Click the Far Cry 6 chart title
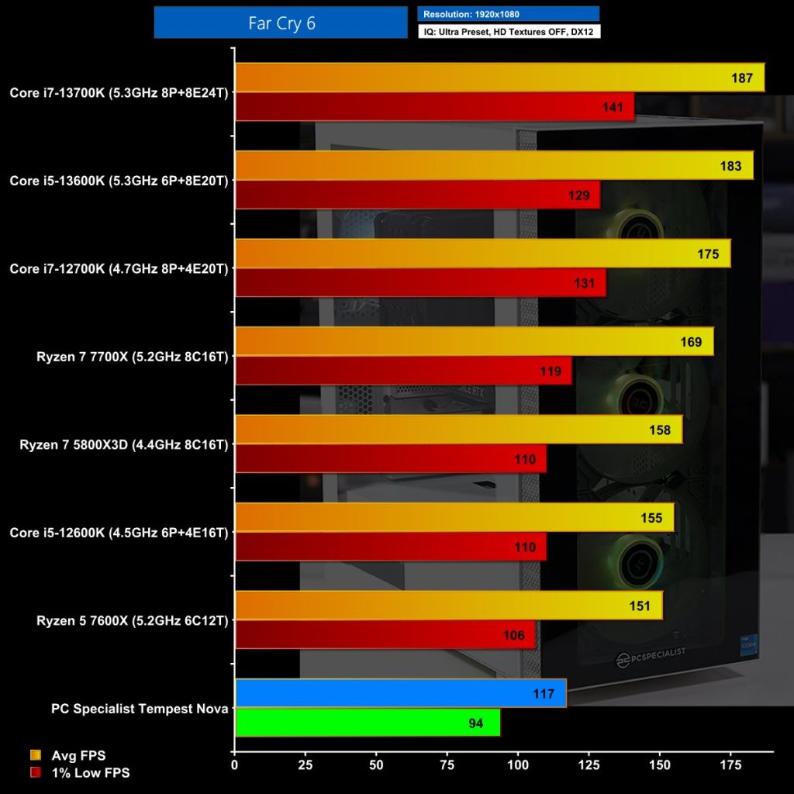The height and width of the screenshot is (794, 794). [x=281, y=22]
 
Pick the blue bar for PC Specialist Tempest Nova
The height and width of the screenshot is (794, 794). [x=400, y=693]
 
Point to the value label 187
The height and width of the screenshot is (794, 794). [x=742, y=78]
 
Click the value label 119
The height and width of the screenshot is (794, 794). [x=551, y=371]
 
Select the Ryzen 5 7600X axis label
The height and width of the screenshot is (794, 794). [x=133, y=620]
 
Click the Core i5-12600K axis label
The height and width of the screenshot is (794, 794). [x=119, y=533]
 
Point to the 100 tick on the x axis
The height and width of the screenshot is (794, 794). [x=518, y=765]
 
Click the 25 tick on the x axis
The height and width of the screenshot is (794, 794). [x=306, y=765]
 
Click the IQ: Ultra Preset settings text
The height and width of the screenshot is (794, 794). [x=508, y=31]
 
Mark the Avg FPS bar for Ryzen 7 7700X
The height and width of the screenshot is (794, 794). [x=474, y=341]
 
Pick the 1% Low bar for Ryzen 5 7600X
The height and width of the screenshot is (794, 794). [x=385, y=635]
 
